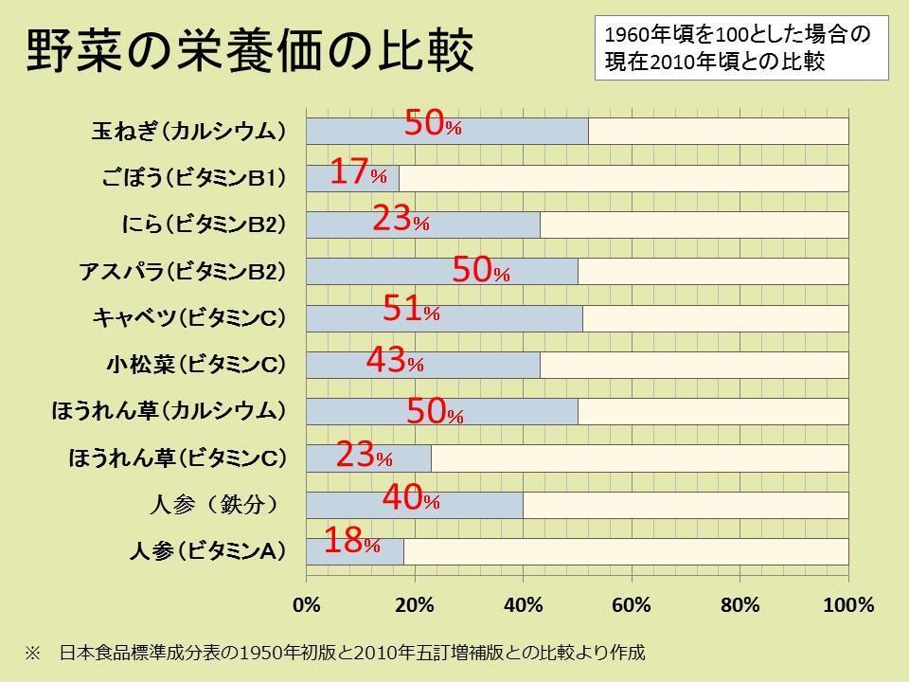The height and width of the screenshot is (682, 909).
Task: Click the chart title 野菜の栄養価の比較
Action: (249, 53)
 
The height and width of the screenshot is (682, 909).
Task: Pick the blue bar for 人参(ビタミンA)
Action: (355, 551)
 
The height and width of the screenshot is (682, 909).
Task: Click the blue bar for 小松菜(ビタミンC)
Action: (423, 365)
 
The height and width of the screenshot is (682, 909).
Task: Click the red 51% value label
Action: (411, 310)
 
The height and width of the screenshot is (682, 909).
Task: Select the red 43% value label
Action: (394, 361)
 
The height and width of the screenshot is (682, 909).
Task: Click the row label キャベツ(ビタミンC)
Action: (189, 318)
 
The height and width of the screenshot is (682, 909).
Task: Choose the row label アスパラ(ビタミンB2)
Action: (182, 272)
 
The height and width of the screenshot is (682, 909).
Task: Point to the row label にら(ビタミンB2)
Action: (204, 225)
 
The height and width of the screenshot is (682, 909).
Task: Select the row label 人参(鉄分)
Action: (214, 504)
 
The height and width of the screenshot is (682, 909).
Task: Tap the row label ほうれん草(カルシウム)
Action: (169, 411)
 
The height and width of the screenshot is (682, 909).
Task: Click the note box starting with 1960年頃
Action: (740, 47)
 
